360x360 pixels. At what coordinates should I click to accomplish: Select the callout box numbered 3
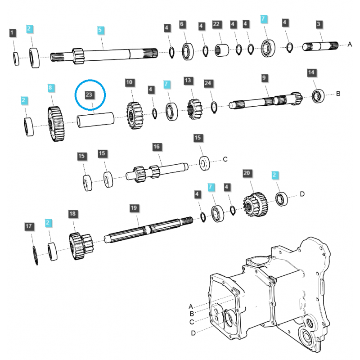[319, 24]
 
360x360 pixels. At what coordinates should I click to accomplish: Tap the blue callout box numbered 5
[101, 30]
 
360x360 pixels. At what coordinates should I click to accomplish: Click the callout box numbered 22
[216, 24]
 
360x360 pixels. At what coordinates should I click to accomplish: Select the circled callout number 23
[90, 94]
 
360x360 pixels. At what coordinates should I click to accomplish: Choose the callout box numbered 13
[188, 81]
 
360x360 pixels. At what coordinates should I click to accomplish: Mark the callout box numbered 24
[207, 83]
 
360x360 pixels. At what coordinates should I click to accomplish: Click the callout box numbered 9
[265, 78]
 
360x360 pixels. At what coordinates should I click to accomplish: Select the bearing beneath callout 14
[318, 95]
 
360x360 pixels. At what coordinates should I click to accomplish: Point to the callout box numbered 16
[156, 146]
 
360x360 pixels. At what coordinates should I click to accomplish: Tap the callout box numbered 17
[29, 226]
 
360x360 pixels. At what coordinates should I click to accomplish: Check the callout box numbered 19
[133, 208]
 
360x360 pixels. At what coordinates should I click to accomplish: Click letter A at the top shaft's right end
[349, 44]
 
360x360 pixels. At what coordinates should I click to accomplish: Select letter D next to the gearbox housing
[193, 333]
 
